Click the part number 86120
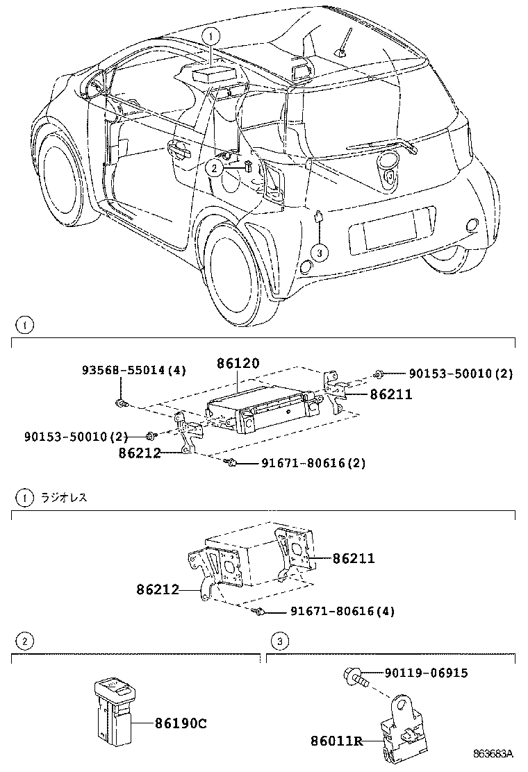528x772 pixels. (x=238, y=363)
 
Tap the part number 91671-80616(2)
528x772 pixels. (x=303, y=463)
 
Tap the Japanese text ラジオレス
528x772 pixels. (x=64, y=497)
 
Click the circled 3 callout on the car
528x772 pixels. (x=319, y=253)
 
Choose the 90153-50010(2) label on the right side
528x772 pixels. (x=460, y=374)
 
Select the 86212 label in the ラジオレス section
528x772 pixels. (x=158, y=590)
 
